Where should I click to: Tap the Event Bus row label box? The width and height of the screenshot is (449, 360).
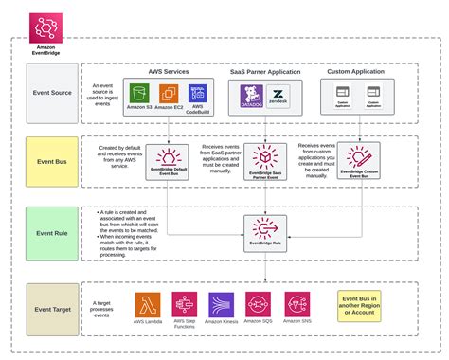(52, 162)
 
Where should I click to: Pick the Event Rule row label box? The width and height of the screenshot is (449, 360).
(52, 231)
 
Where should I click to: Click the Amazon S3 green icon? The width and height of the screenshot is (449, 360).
(140, 94)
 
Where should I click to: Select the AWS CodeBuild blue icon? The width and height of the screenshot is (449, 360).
(198, 93)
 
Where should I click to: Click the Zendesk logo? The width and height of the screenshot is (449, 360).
(278, 95)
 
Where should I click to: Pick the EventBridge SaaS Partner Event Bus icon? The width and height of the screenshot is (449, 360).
(265, 157)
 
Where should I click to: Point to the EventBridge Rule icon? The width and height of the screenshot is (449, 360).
(265, 227)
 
